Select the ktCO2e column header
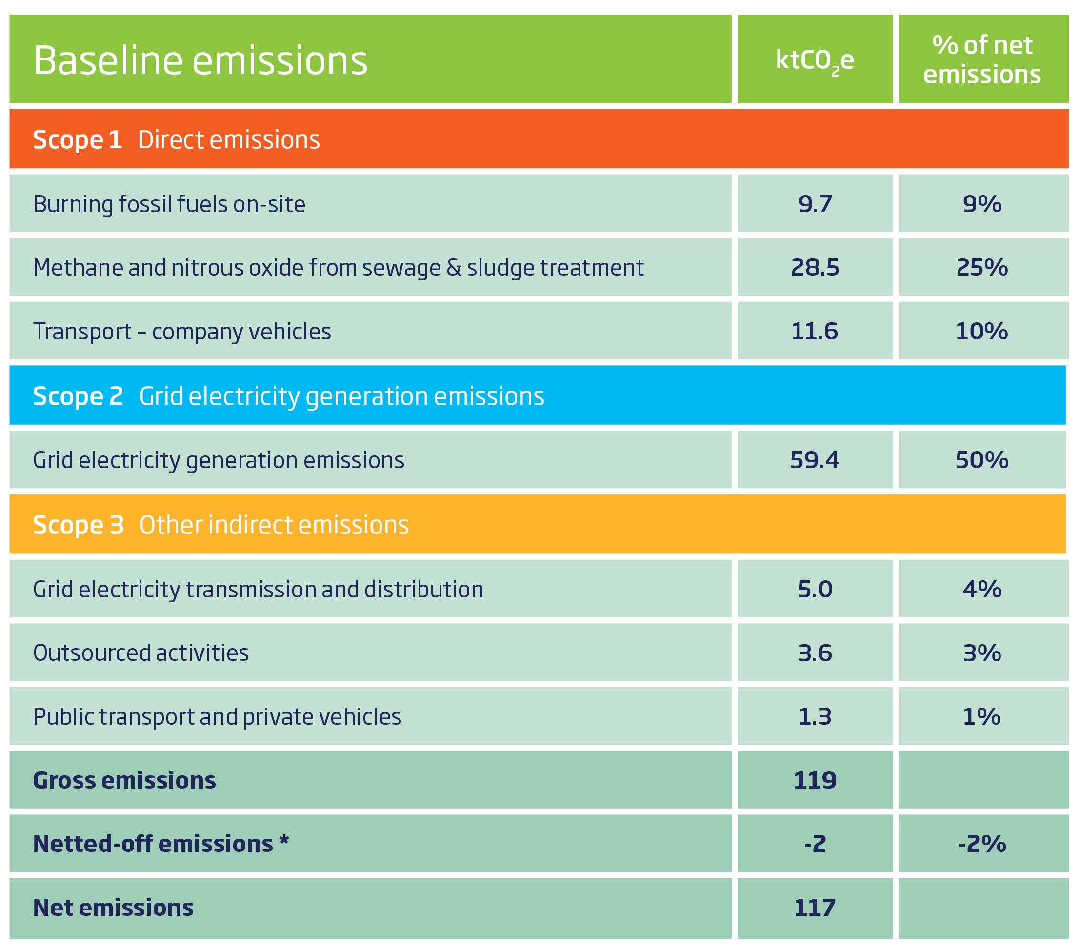814,60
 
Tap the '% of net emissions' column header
982,59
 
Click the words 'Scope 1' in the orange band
77,140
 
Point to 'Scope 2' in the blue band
78,396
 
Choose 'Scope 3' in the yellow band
78,525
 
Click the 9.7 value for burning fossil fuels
815,204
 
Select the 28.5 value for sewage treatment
815,268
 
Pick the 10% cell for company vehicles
981,332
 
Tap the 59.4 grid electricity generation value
814,460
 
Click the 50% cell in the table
981,460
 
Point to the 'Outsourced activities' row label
140,653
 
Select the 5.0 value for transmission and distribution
815,589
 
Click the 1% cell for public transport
981,717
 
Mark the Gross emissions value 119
815,780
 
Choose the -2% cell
981,844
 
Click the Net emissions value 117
815,908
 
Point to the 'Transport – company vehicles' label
181,332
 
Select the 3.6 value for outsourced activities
815,653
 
